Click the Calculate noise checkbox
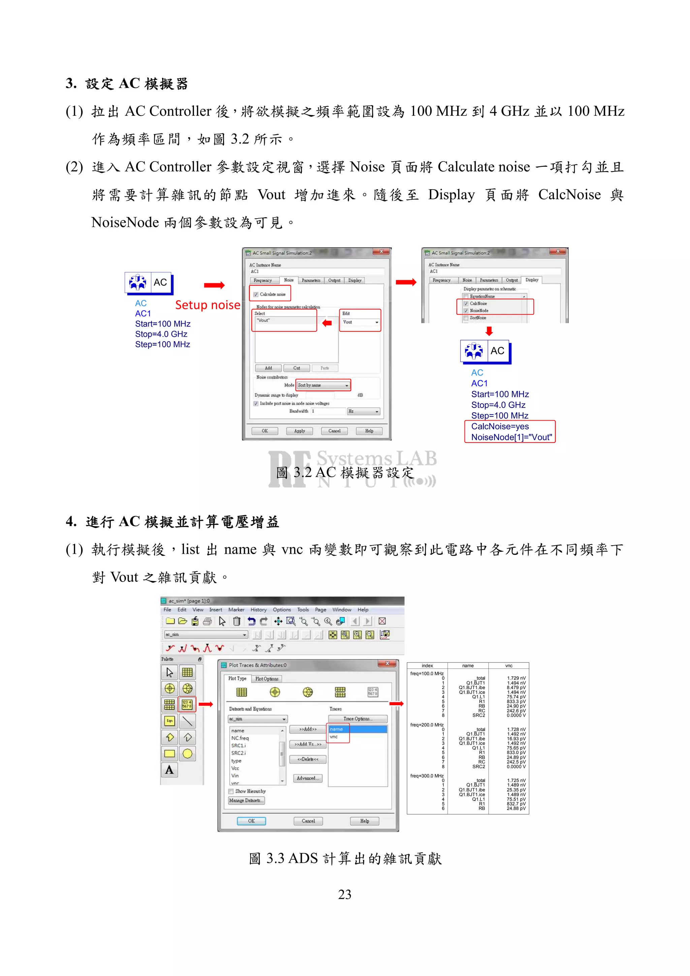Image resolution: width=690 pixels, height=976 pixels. (x=256, y=294)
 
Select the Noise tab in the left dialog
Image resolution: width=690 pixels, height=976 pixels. (x=289, y=280)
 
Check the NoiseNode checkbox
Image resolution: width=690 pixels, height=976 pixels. (x=466, y=311)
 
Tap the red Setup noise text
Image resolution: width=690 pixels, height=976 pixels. (x=208, y=305)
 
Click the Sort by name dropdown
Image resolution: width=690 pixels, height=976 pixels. (x=323, y=385)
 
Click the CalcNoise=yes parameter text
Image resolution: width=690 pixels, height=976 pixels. (x=500, y=426)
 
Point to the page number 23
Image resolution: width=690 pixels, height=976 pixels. (x=344, y=895)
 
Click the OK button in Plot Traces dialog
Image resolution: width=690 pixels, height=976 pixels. (x=251, y=821)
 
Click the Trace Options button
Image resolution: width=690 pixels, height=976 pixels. (x=357, y=719)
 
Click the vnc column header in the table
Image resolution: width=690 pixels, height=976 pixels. (x=508, y=666)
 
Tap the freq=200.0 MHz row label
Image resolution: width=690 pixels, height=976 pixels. (x=427, y=725)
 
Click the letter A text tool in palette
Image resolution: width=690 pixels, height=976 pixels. (x=169, y=770)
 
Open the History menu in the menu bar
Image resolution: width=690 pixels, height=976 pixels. (x=258, y=610)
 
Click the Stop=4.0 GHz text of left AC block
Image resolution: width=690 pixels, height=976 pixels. (x=161, y=334)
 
